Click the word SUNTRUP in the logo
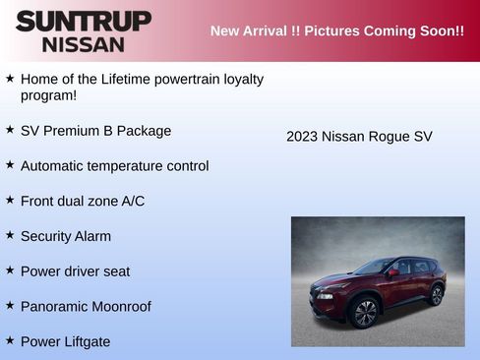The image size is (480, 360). (84, 21)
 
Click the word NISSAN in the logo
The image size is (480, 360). (84, 44)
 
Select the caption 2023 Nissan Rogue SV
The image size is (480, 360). (359, 137)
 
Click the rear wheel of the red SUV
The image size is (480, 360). (436, 294)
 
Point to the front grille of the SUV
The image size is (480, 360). (322, 293)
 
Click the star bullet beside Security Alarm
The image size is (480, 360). (10, 235)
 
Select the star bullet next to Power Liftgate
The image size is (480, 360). (10, 340)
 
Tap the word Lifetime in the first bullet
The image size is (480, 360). (134, 79)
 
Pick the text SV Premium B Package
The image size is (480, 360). (95, 131)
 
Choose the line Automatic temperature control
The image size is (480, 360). (114, 166)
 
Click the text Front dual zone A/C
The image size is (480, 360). (83, 201)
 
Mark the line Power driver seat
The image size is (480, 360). (75, 271)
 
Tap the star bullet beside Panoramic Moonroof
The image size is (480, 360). (10, 305)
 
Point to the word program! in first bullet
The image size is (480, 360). (48, 96)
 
